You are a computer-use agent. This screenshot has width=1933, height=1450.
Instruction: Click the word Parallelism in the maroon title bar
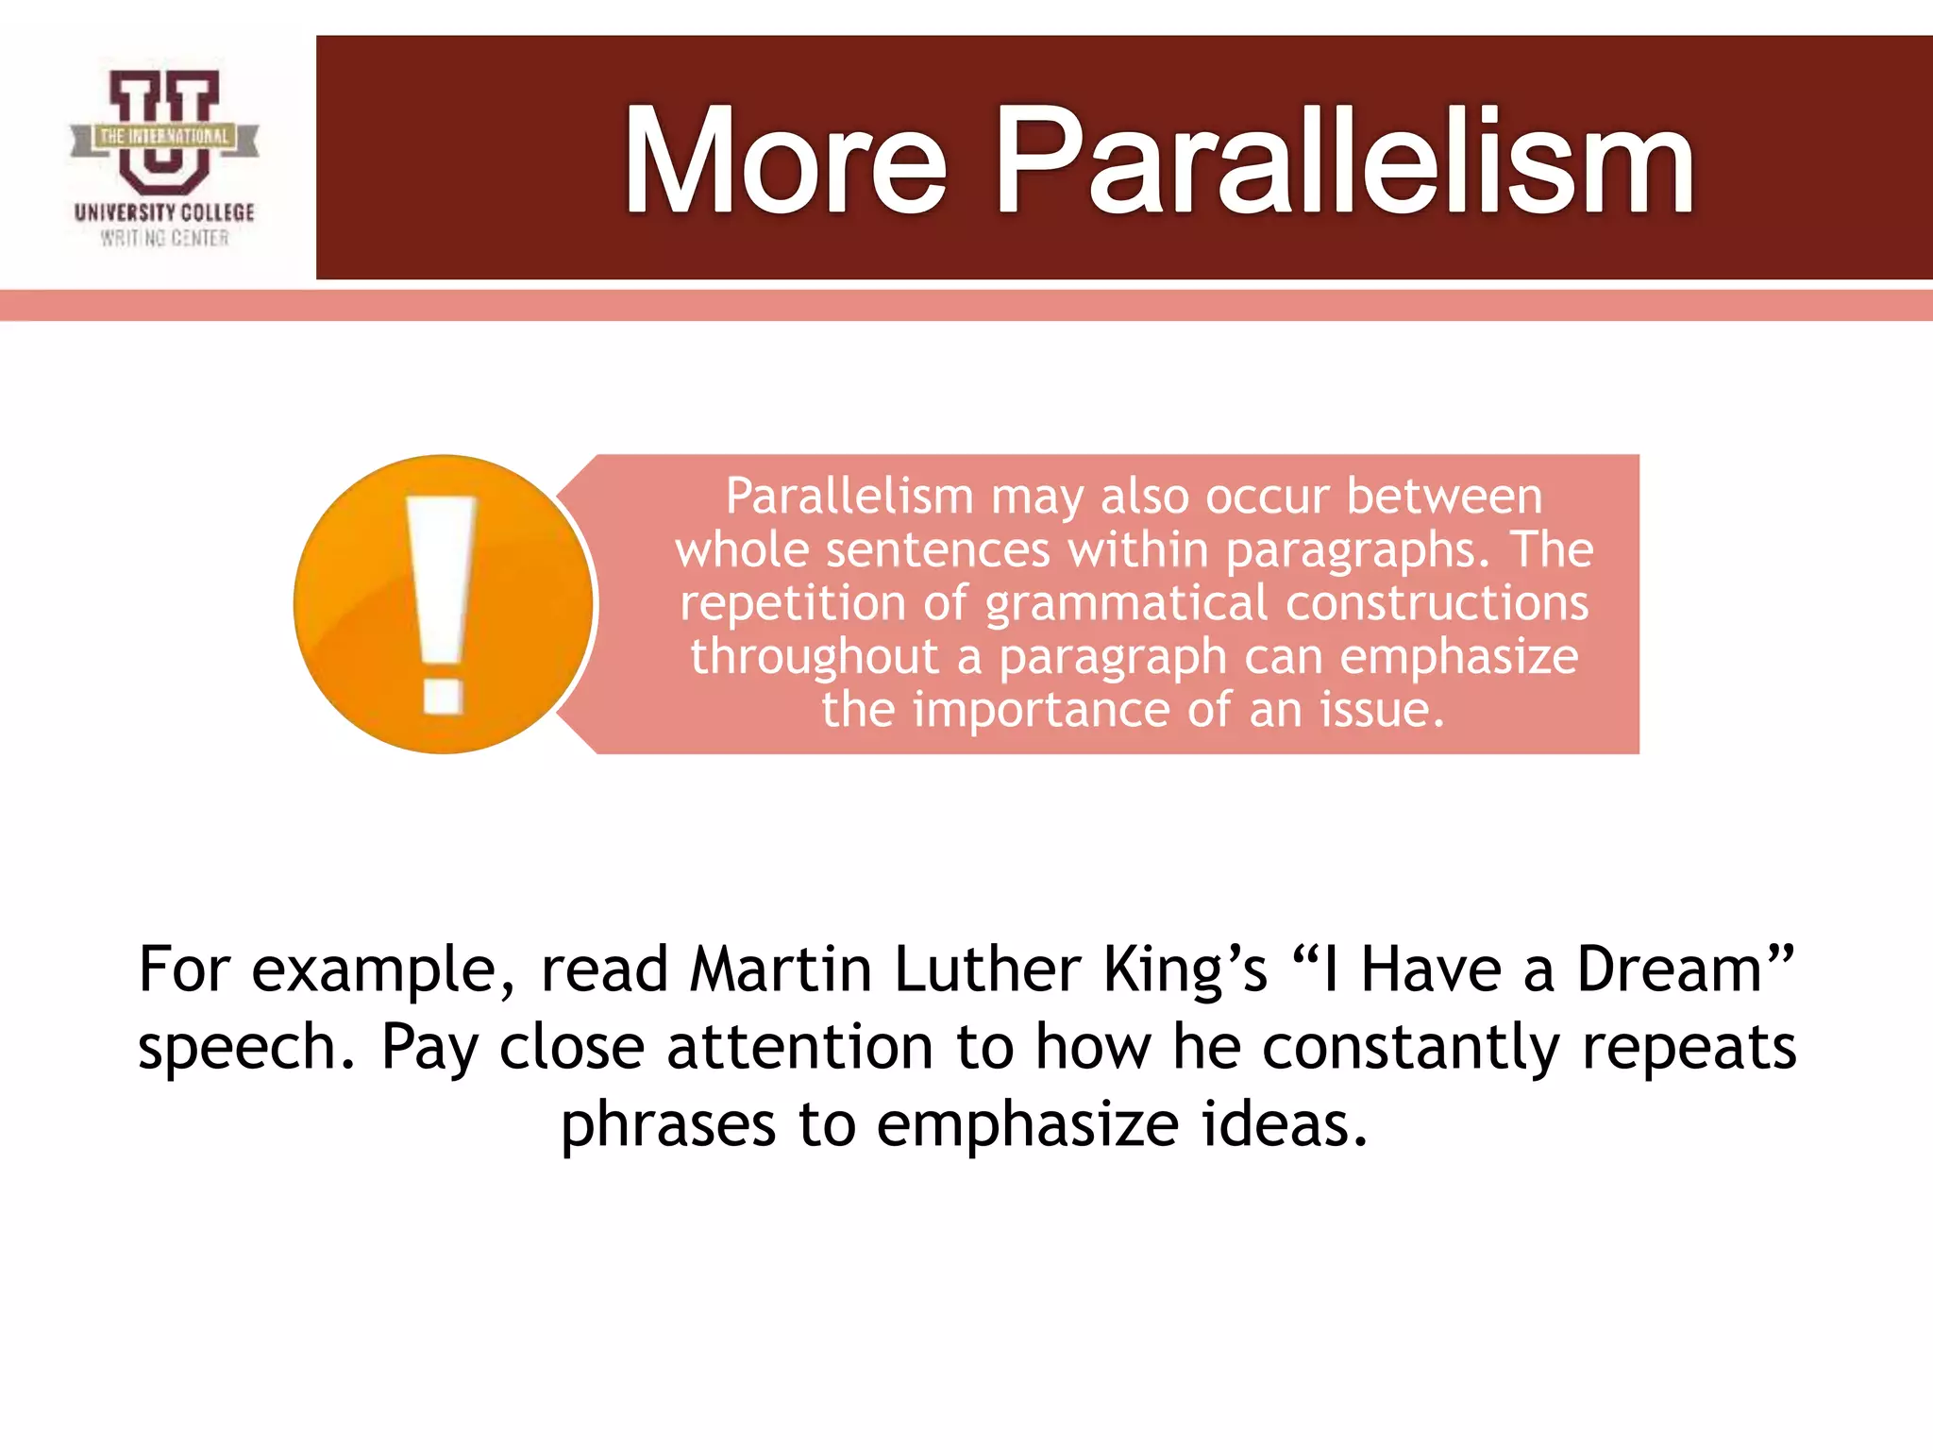click(1344, 162)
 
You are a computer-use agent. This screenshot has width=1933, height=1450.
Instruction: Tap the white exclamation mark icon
click(442, 604)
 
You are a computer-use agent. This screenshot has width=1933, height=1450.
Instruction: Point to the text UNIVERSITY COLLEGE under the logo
click(164, 212)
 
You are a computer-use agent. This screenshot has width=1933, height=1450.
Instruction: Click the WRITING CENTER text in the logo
click(164, 238)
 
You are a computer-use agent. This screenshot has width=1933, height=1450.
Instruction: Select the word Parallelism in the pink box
click(849, 497)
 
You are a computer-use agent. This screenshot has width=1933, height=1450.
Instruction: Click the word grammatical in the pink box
click(1126, 603)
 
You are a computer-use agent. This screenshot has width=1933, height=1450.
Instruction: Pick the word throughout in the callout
click(814, 656)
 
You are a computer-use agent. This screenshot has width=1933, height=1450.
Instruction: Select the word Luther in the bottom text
click(987, 969)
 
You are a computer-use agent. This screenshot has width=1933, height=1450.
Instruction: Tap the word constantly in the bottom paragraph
click(1410, 1048)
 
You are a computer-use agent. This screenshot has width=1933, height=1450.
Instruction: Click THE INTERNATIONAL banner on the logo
click(164, 137)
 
